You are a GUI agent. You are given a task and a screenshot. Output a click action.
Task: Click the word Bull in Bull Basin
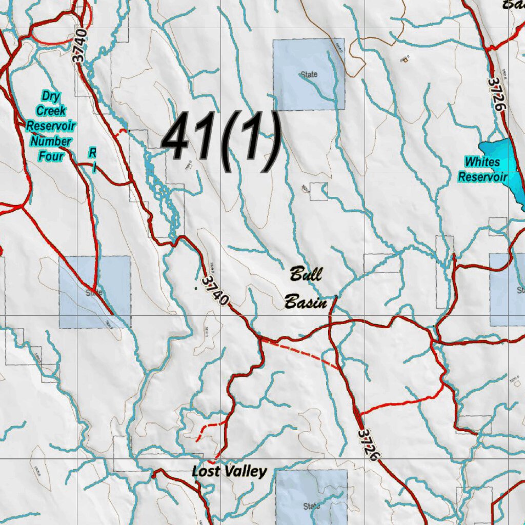(x=306, y=274)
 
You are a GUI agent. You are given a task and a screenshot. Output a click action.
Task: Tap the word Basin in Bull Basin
(x=306, y=302)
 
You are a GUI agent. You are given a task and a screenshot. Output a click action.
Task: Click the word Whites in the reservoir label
(x=482, y=162)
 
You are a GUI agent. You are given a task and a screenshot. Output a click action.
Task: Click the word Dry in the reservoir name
(x=51, y=96)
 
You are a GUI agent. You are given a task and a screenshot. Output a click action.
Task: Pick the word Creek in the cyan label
(x=51, y=111)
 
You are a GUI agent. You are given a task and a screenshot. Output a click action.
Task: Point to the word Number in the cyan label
(x=51, y=140)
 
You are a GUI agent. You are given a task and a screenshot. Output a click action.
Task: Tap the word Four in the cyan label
(x=51, y=155)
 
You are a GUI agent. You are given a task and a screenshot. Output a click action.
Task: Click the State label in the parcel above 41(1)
(x=309, y=75)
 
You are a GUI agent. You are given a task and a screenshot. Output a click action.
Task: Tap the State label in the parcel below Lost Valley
(x=311, y=507)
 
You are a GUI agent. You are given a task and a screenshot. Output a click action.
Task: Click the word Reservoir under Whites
(x=482, y=177)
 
